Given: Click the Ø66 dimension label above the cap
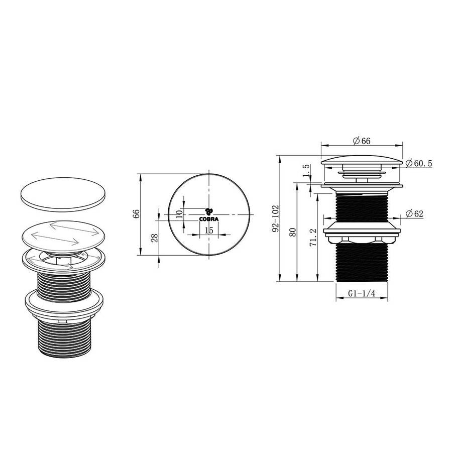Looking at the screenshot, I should (361, 141).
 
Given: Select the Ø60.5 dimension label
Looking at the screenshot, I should (418, 163).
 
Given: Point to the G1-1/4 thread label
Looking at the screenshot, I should (361, 295).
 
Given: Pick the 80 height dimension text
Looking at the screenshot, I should (294, 232).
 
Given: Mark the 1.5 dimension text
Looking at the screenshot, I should (305, 171).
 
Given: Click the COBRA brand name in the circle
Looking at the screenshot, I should (209, 219).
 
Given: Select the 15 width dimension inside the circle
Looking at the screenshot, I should (209, 230).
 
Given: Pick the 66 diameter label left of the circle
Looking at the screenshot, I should (136, 214).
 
